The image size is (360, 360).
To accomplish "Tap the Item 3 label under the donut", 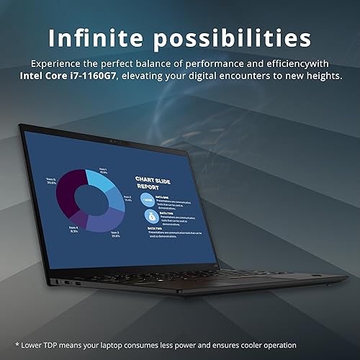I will (115, 234).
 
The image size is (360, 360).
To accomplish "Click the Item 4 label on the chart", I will (73, 230).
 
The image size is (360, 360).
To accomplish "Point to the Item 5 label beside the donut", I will (50, 181).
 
